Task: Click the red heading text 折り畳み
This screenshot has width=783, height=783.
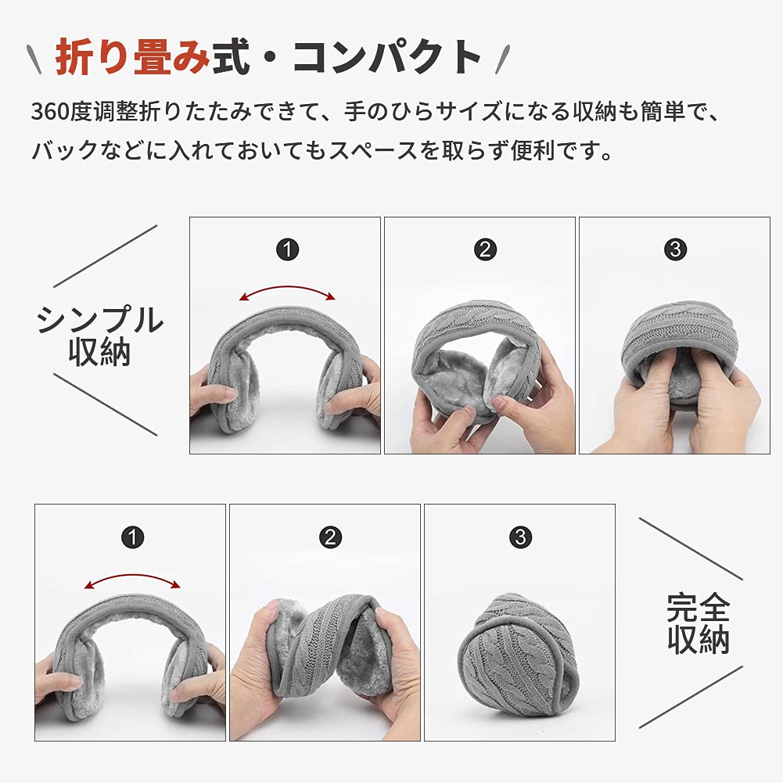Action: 132,57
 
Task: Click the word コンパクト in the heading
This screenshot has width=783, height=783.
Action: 386,57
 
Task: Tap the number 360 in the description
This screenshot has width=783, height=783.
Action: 50,111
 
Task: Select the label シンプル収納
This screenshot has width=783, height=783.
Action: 100,336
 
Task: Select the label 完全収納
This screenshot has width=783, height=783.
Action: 699,623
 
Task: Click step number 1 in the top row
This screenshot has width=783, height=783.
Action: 288,250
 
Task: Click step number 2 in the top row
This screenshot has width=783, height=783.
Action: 485,250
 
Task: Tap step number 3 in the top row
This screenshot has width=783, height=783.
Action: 676,250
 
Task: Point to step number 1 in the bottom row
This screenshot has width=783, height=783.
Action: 133,537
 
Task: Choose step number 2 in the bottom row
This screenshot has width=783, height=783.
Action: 330,537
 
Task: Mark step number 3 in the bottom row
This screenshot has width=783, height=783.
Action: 520,537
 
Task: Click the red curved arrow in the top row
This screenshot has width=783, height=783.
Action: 287,287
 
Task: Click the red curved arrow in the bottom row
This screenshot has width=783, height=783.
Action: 132,575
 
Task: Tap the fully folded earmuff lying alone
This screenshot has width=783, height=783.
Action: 518,655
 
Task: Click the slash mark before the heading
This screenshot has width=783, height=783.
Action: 34,59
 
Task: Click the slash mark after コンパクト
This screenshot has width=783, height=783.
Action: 503,59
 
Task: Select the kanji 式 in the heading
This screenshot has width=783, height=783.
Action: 232,57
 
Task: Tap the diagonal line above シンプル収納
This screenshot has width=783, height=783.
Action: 106,256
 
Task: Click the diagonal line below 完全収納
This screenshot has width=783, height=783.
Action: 691,697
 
